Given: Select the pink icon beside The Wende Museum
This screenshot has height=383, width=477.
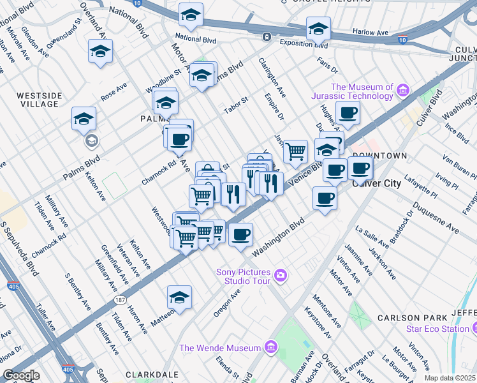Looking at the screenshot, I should (271, 348).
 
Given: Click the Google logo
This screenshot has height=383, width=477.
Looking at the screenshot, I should (21, 375).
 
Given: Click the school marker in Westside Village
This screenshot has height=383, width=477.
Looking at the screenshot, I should (84, 118).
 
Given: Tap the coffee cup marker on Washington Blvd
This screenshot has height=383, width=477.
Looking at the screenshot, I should (240, 234).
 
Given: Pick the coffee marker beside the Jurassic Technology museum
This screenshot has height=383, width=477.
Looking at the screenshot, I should (348, 113).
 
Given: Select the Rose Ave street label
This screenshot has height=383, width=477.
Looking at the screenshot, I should (114, 91).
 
